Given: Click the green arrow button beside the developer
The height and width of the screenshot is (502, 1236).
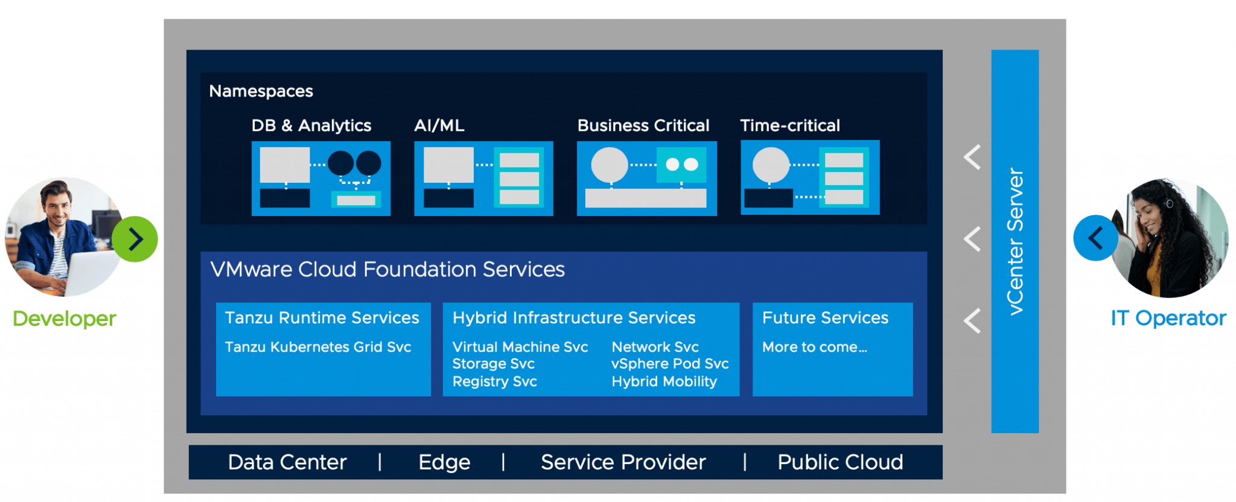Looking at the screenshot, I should pyautogui.click(x=135, y=240).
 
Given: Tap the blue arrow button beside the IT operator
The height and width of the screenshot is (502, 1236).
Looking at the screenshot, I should pyautogui.click(x=1095, y=238).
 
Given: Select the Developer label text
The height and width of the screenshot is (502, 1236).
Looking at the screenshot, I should pyautogui.click(x=64, y=319).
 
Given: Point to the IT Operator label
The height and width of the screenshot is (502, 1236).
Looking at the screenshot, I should pyautogui.click(x=1168, y=318).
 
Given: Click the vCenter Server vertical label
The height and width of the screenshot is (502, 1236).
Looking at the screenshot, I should pyautogui.click(x=1015, y=241).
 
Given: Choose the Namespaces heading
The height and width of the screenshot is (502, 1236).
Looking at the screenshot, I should pyautogui.click(x=261, y=91).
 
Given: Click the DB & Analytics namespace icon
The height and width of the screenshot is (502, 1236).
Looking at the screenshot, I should pyautogui.click(x=321, y=179).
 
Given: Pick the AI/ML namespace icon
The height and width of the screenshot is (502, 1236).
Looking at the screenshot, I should pyautogui.click(x=483, y=179).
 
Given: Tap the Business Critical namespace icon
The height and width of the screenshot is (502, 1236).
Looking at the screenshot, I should pyautogui.click(x=646, y=179).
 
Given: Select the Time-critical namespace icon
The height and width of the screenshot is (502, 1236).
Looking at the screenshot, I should pyautogui.click(x=810, y=178).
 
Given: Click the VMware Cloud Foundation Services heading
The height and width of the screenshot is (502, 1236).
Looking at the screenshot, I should pyautogui.click(x=387, y=269).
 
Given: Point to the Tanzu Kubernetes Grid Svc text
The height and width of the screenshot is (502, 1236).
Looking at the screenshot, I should pyautogui.click(x=317, y=347).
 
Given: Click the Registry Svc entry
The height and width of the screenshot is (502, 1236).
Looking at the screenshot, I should pyautogui.click(x=494, y=381).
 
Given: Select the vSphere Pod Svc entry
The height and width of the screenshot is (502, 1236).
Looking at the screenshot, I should pyautogui.click(x=669, y=364).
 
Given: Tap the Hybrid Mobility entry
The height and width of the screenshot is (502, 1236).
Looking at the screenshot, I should pyautogui.click(x=664, y=381).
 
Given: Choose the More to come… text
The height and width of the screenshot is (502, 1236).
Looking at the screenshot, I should pyautogui.click(x=814, y=347).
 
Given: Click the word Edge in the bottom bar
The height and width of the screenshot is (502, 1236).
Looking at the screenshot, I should pyautogui.click(x=444, y=462).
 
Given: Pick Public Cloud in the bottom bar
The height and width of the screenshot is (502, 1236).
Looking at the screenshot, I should pyautogui.click(x=840, y=462).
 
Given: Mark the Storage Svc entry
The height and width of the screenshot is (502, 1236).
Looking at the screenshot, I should pyautogui.click(x=493, y=364).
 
